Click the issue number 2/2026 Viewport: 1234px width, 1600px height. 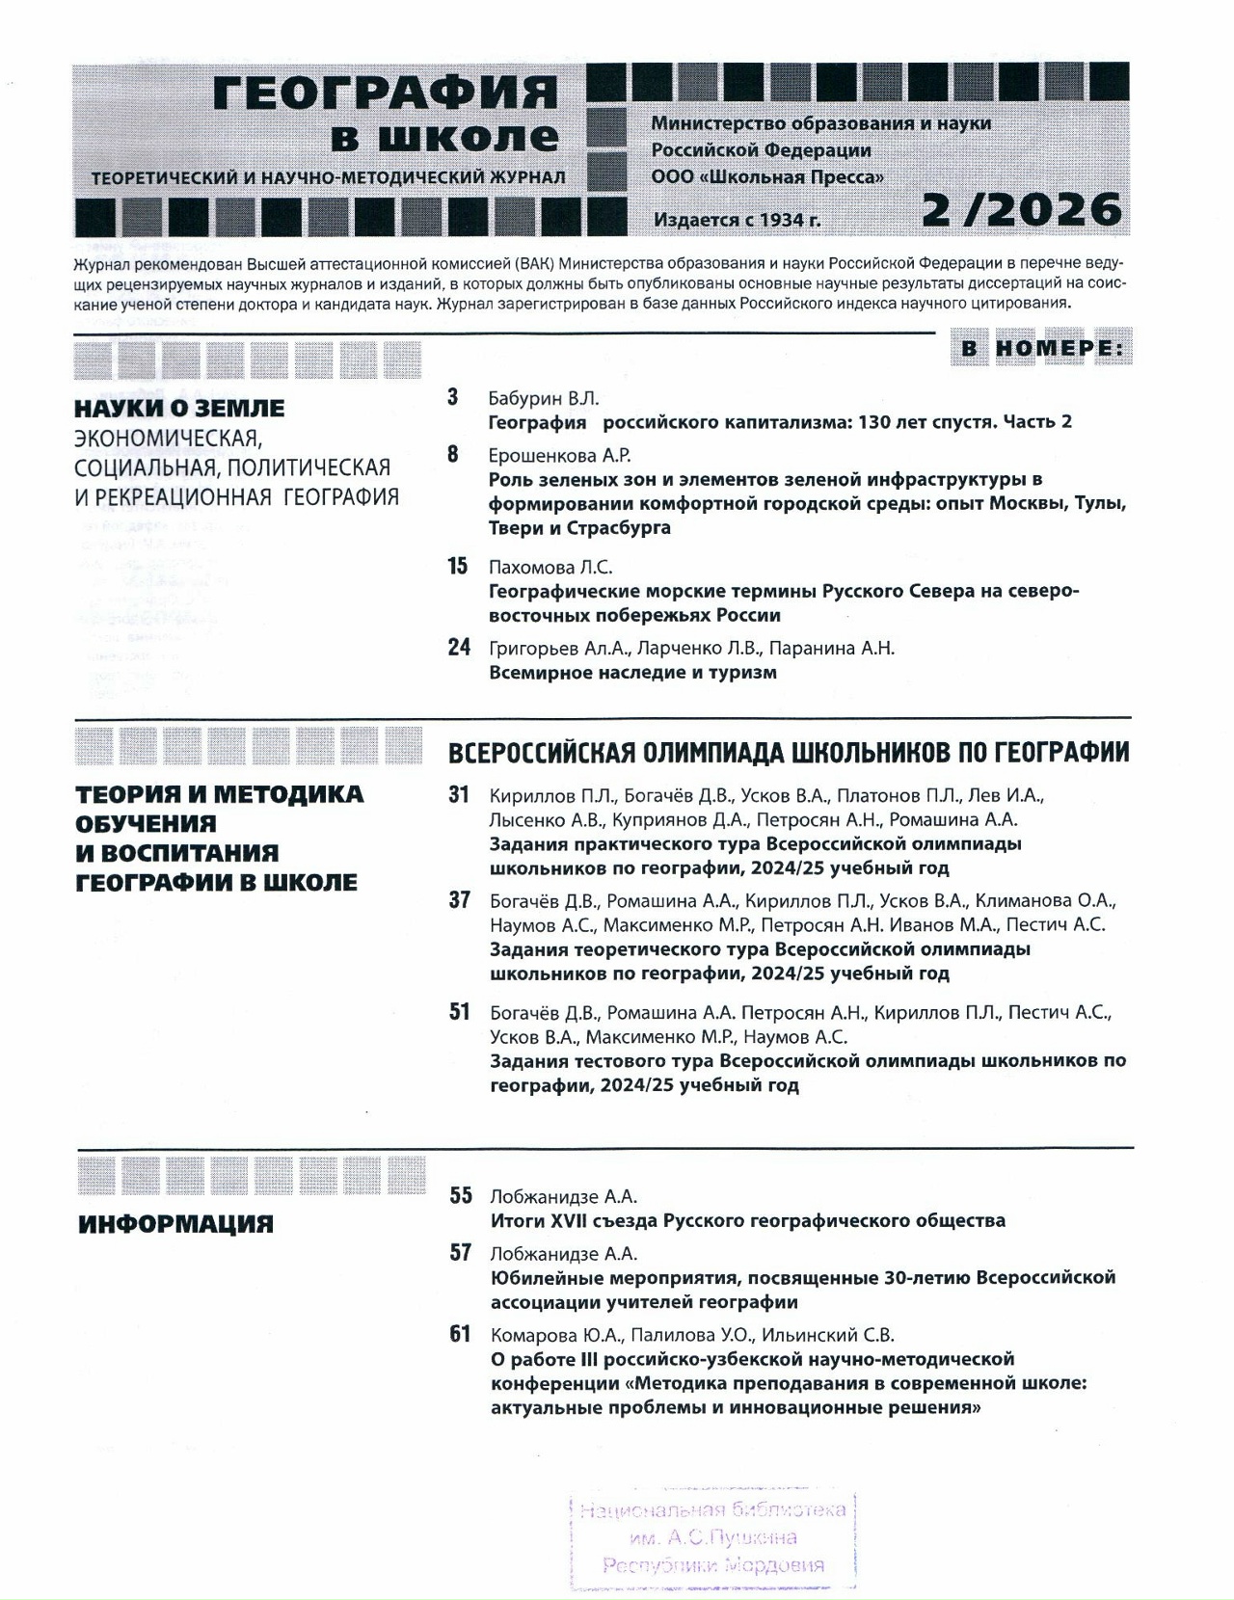pyautogui.click(x=1022, y=209)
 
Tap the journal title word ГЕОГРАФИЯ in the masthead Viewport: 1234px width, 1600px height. pyautogui.click(x=385, y=93)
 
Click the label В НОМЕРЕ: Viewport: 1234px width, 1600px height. pyautogui.click(x=1043, y=349)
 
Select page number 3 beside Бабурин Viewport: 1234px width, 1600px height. pyautogui.click(x=453, y=397)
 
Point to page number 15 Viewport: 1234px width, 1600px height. pyautogui.click(x=458, y=566)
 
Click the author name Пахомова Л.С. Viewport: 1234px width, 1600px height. pyautogui.click(x=550, y=567)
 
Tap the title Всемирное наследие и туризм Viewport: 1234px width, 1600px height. pyautogui.click(x=632, y=673)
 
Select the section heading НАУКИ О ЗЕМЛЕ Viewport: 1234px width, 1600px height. pyautogui.click(x=179, y=409)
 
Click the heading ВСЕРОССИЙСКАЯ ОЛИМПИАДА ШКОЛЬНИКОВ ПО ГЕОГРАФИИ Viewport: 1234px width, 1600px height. pyautogui.click(x=789, y=752)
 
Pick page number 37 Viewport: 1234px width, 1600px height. pyautogui.click(x=460, y=900)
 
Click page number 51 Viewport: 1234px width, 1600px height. pyautogui.click(x=460, y=1012)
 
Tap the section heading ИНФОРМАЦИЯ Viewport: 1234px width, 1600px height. pyautogui.click(x=175, y=1224)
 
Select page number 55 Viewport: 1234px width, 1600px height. pyautogui.click(x=461, y=1196)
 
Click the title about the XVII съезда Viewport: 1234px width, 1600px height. pyautogui.click(x=747, y=1221)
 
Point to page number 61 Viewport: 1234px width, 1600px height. pyautogui.click(x=461, y=1334)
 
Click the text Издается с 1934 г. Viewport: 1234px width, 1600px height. pyautogui.click(x=737, y=220)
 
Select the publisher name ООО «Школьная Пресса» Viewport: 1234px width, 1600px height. pyautogui.click(x=767, y=177)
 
